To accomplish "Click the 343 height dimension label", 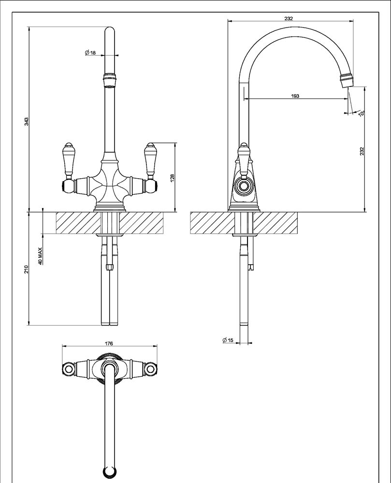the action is click(27, 121).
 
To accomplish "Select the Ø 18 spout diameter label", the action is click(90, 52).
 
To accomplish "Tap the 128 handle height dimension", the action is click(172, 178).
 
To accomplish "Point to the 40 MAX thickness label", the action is click(40, 256).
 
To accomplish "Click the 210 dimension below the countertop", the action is click(27, 269).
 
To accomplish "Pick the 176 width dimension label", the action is click(109, 343).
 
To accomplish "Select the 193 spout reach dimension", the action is click(295, 96).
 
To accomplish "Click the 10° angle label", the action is click(362, 113).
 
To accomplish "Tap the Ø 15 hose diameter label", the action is click(228, 340).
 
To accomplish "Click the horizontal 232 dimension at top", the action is click(289, 18).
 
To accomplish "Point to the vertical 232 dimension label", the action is click(362, 151).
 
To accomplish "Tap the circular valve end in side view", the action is click(244, 186).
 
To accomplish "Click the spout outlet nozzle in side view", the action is click(347, 79).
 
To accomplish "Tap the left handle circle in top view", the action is click(68, 369).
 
